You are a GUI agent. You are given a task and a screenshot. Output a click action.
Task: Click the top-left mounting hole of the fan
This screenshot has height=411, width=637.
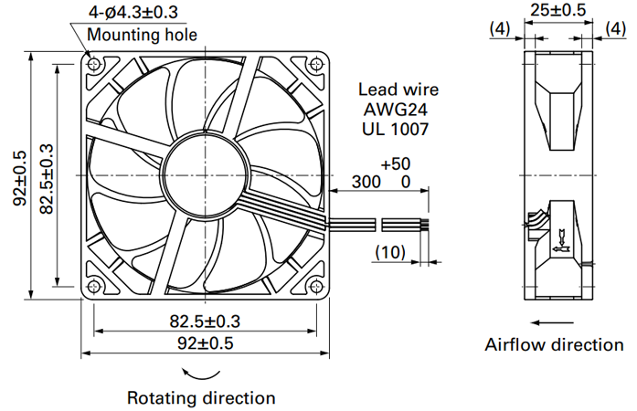pyautogui.click(x=94, y=64)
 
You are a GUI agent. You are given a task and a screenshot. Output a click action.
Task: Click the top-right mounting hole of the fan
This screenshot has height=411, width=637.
pyautogui.click(x=316, y=64)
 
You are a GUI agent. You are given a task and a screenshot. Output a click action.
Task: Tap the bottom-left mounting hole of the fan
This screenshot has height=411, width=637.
pyautogui.click(x=94, y=287)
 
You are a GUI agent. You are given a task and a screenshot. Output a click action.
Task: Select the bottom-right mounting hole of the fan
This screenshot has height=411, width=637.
pyautogui.click(x=316, y=287)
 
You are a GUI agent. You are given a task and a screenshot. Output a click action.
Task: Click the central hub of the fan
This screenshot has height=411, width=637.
pyautogui.click(x=206, y=175)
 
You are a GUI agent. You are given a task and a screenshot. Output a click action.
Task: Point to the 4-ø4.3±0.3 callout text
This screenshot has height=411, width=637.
pyautogui.click(x=133, y=12)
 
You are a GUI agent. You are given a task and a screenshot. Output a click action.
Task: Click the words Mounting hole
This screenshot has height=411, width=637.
pyautogui.click(x=142, y=35)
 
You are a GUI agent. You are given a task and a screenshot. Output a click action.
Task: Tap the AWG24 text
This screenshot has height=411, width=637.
pyautogui.click(x=396, y=110)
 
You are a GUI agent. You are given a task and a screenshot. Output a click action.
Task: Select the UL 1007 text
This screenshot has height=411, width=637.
pyautogui.click(x=396, y=129)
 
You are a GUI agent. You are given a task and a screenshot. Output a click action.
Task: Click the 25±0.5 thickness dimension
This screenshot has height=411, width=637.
pyautogui.click(x=558, y=10)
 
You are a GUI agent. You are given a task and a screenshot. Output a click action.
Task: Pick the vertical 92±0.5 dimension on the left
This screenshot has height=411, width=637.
pyautogui.click(x=19, y=178)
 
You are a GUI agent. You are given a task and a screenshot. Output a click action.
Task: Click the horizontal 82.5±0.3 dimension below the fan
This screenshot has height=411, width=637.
pyautogui.click(x=205, y=321)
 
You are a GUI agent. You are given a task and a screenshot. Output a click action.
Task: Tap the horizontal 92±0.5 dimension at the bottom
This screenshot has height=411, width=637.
pyautogui.click(x=205, y=343)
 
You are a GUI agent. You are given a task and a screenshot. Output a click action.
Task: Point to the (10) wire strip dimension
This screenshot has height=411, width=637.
pyautogui.click(x=390, y=252)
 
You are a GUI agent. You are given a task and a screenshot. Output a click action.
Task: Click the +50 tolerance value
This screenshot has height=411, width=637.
pyautogui.click(x=396, y=164)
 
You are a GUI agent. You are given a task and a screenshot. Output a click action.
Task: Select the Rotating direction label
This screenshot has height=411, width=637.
pyautogui.click(x=201, y=398)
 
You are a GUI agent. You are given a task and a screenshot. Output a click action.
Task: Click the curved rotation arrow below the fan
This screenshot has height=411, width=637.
pyautogui.click(x=201, y=376)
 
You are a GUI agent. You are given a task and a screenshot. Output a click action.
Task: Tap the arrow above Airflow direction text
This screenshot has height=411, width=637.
pyautogui.click(x=552, y=323)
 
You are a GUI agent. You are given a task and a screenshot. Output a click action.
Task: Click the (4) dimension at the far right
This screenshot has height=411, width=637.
pyautogui.click(x=615, y=29)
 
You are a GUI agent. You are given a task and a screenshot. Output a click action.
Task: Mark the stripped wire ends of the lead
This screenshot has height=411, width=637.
pyautogui.click(x=425, y=225)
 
